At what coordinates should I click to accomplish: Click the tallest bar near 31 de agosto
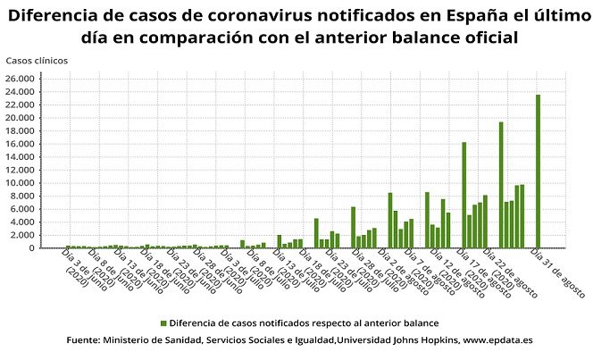coord(538,171)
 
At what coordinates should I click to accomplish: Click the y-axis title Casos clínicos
coord(36,61)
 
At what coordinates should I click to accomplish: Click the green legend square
coord(163,322)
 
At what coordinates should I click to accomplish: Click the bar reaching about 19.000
coord(501,185)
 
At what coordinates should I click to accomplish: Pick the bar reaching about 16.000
coord(464,195)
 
